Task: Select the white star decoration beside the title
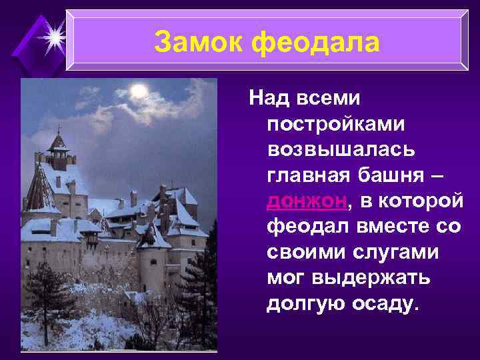[51, 33]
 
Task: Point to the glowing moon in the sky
[139, 90]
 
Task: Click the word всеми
[331, 99]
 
